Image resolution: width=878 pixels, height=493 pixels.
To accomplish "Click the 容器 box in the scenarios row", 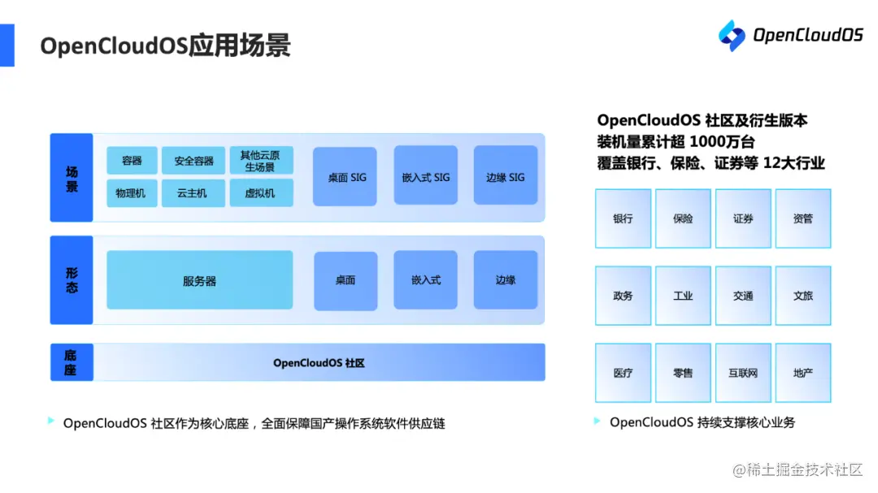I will coord(132,161).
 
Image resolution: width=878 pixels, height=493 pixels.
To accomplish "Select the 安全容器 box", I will coord(193,161).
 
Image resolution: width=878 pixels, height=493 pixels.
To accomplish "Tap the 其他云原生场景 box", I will coord(261,161).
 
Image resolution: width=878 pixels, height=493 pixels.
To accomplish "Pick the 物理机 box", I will coord(132,193).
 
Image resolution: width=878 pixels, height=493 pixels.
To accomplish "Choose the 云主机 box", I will coord(193,193).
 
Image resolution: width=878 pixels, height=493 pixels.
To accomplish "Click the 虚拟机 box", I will coord(261,193).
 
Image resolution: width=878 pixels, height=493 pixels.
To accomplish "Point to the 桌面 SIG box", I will coord(346,176).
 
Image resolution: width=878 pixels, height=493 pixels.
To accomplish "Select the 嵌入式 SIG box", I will coord(425,176).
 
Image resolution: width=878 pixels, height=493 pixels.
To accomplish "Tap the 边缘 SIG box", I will coord(506,176).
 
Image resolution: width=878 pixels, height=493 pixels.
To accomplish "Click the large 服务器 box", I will coord(199,280).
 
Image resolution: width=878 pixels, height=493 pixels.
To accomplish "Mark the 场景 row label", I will coord(72,178).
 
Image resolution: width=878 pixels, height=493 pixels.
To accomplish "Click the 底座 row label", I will coord(72,362).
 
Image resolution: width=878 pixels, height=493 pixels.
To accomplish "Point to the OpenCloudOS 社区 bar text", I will coord(319,363).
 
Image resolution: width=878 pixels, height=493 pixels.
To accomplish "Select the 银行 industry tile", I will coord(623,218).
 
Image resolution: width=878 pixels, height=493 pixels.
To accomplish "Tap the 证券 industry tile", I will coord(743,218).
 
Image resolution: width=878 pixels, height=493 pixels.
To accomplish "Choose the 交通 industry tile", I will coord(743,296).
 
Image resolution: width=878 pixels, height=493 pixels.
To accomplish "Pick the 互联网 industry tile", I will coord(743,373).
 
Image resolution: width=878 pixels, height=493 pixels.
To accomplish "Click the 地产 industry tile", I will coord(803,373).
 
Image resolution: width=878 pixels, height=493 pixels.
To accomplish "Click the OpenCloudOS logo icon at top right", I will coord(732,35).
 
